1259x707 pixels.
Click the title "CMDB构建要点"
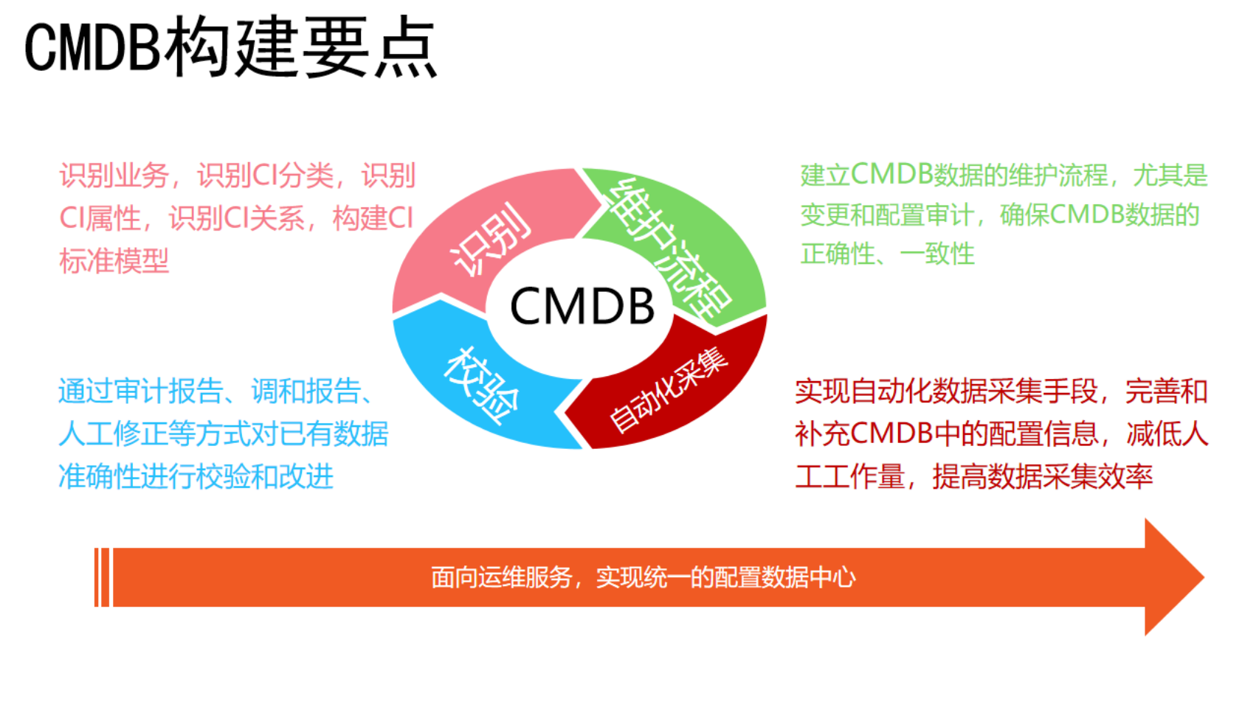[231, 49]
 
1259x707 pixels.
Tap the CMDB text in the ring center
[582, 307]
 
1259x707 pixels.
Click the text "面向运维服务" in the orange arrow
[502, 577]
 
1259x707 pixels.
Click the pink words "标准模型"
[114, 261]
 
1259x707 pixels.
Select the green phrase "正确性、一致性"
[888, 254]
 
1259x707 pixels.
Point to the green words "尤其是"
[1170, 175]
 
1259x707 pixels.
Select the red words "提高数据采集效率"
[1042, 477]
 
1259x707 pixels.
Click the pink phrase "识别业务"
[114, 175]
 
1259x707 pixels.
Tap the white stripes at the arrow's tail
[103, 577]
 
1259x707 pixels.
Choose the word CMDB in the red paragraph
[892, 434]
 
